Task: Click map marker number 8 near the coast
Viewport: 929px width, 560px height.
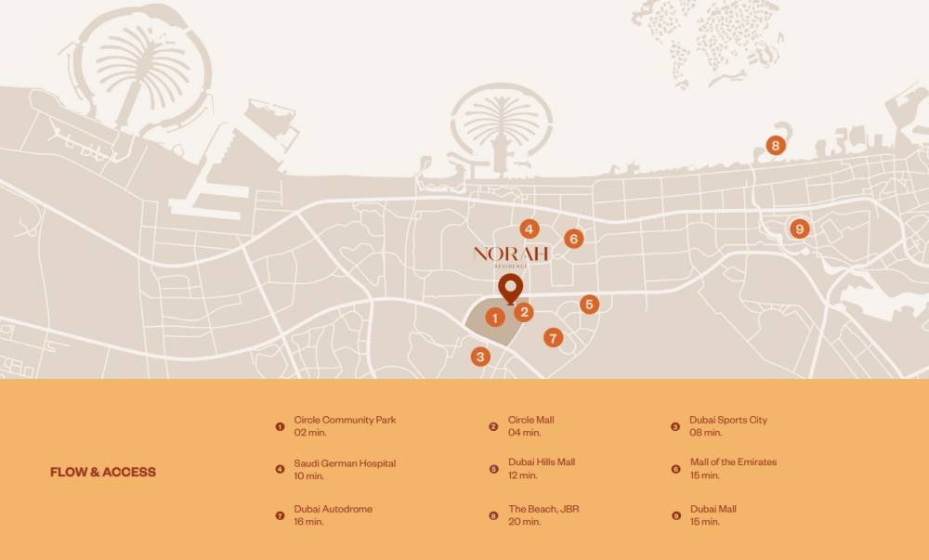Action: [776, 146]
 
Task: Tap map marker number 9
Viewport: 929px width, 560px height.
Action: [799, 228]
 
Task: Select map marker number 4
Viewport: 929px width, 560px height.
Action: [529, 229]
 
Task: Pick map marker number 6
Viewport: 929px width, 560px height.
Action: [573, 240]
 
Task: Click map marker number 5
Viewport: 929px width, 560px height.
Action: [589, 305]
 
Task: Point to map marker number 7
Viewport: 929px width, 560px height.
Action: [554, 338]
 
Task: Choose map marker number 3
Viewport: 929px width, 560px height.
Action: [480, 357]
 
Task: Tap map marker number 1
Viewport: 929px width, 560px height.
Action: [495, 318]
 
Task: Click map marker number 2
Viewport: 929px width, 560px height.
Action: [525, 312]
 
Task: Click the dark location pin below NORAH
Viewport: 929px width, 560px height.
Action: [508, 288]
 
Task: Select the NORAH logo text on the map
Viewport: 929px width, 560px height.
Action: [511, 254]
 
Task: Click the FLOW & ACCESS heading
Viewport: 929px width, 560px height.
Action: [103, 472]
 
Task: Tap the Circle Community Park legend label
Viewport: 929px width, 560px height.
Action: [345, 420]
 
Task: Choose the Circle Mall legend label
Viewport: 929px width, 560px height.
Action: [531, 420]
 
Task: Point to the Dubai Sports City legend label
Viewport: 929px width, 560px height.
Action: [728, 420]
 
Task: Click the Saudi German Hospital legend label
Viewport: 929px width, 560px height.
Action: [345, 463]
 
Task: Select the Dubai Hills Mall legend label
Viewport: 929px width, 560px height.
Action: [542, 462]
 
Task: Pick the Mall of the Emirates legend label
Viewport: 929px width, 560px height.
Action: [733, 462]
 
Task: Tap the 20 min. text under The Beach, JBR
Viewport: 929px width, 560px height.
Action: [525, 522]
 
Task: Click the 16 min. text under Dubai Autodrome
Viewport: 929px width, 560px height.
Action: [309, 522]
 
